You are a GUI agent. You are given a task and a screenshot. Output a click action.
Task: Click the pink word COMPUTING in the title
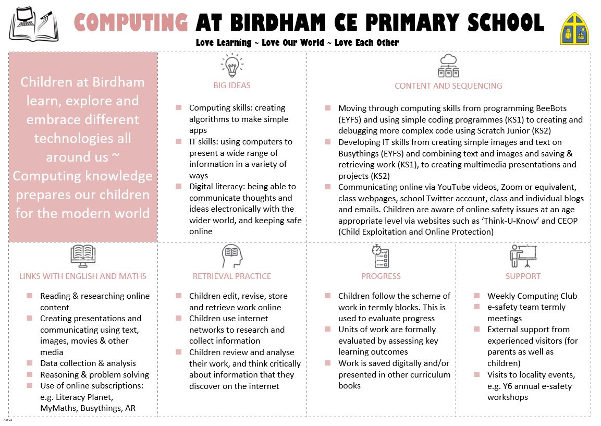tap(131, 22)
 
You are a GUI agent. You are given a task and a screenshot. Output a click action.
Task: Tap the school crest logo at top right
tap(574, 28)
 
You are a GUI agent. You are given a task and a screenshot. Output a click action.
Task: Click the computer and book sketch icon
tap(33, 24)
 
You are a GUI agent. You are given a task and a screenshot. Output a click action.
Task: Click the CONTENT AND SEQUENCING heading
tap(448, 86)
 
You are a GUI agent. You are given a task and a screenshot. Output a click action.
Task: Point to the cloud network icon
tap(448, 66)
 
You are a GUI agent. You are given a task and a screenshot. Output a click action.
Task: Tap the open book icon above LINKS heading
tap(83, 256)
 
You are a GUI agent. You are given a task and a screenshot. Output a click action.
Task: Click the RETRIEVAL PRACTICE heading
tap(232, 276)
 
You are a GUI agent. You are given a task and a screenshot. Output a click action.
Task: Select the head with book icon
tap(232, 256)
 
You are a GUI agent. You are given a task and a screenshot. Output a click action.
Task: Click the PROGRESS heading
tap(381, 276)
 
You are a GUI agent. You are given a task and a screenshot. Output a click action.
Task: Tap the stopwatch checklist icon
tap(381, 256)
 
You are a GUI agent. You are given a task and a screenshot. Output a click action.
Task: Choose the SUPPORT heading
tap(523, 276)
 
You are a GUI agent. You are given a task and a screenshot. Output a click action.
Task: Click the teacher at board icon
tap(523, 256)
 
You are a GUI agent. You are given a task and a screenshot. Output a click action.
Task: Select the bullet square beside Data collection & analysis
tap(30, 363)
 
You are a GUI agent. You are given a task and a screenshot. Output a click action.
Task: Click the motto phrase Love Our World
tap(294, 43)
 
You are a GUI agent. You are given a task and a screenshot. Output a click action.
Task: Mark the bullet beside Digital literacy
tap(178, 186)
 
